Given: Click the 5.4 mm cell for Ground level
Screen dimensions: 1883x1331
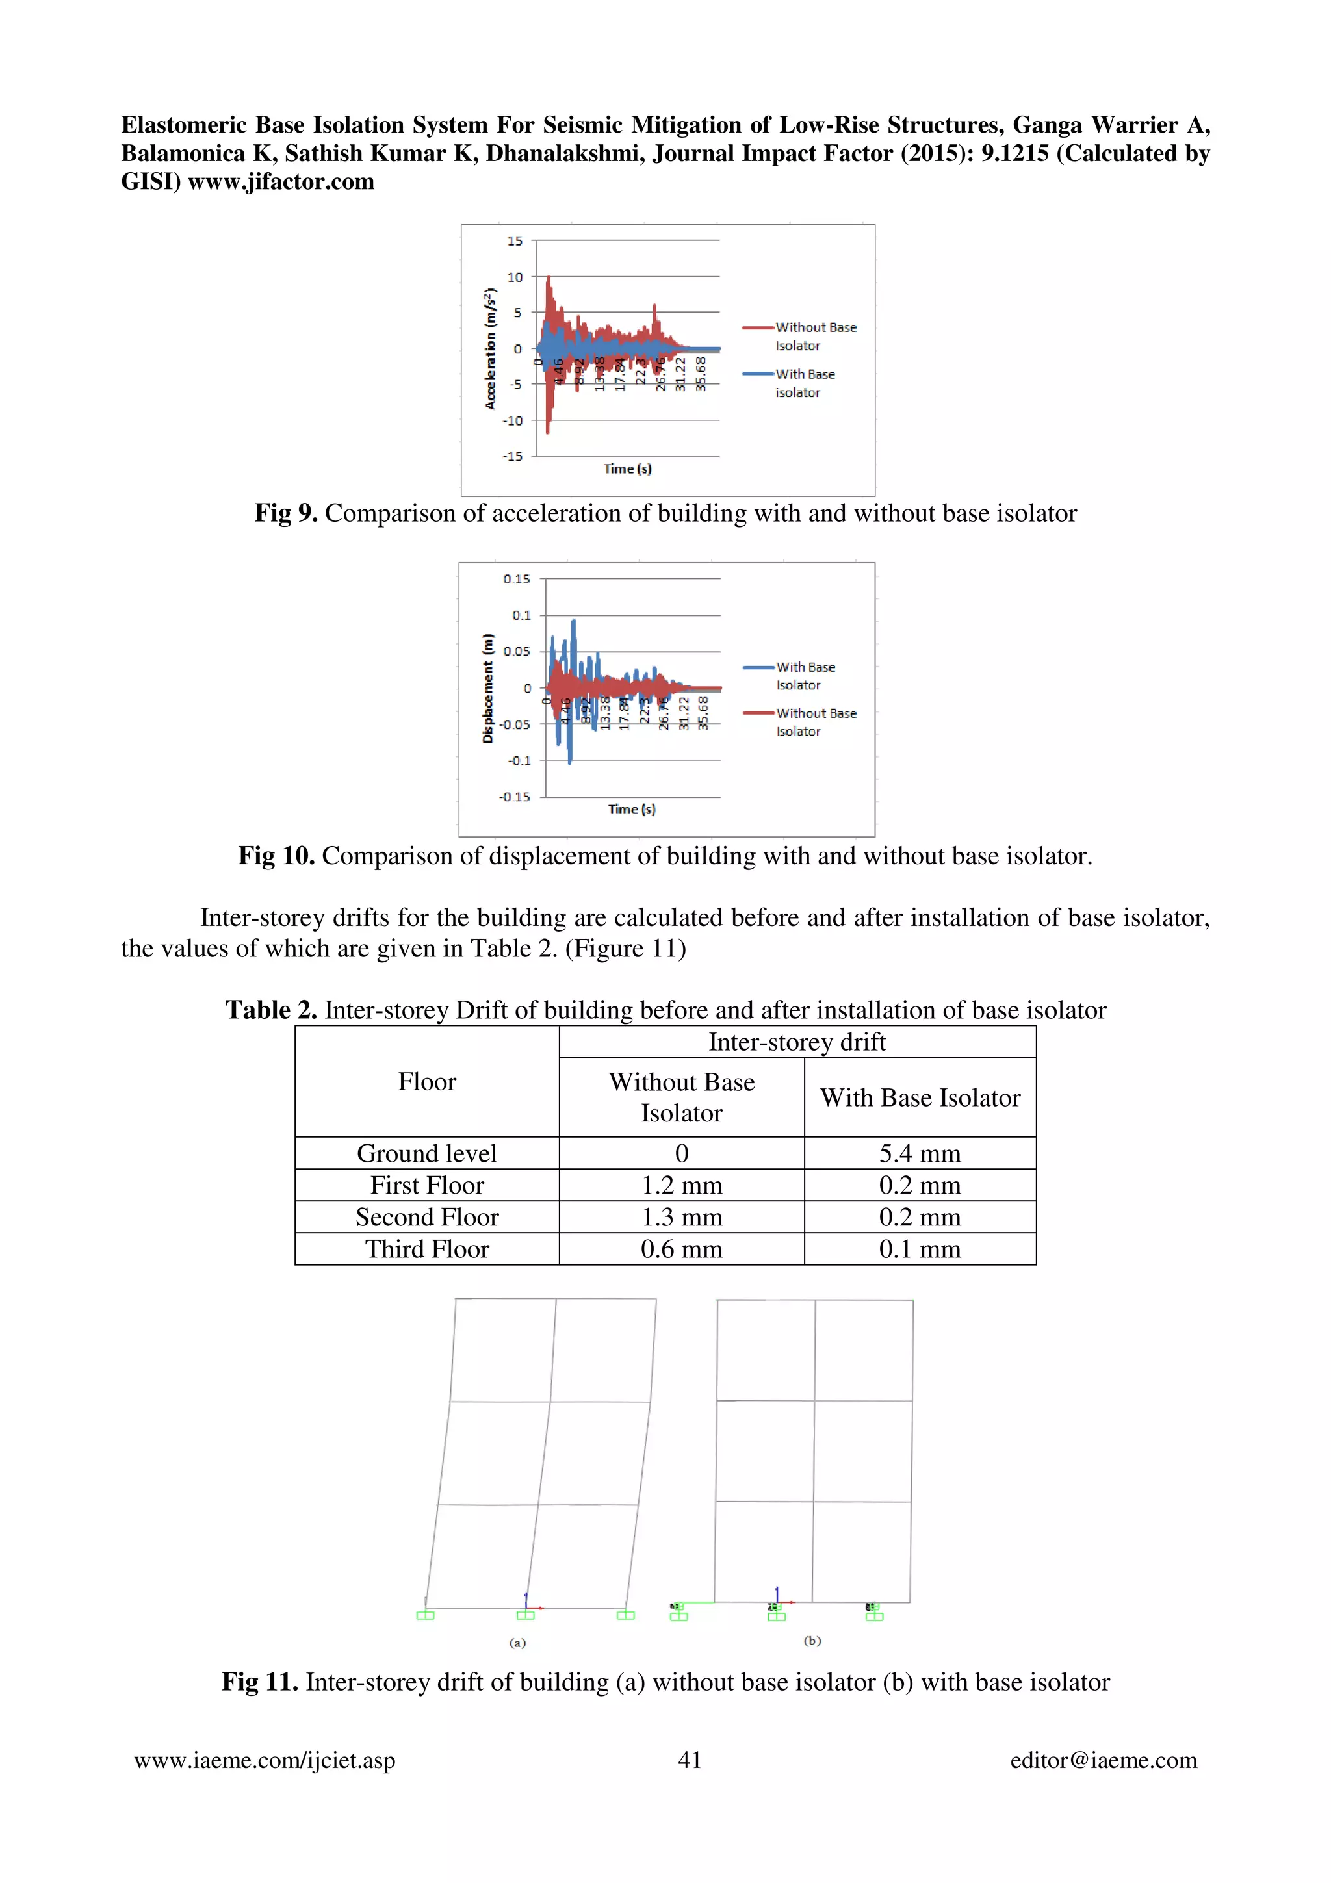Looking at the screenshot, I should click(x=920, y=1153).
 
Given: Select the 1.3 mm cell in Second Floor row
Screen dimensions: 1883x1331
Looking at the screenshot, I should click(x=682, y=1217).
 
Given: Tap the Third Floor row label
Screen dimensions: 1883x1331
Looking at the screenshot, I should click(x=426, y=1249).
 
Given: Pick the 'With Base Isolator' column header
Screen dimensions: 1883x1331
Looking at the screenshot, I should click(x=920, y=1097).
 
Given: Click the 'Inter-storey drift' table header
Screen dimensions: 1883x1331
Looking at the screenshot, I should click(x=796, y=1042).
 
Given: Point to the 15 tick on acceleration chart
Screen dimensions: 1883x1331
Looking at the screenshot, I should click(x=514, y=241).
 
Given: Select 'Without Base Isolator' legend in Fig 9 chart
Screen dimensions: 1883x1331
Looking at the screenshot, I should click(x=814, y=337).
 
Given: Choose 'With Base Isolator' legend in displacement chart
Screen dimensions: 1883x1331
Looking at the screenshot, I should click(x=805, y=676).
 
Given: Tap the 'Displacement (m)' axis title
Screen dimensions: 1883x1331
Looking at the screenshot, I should click(x=488, y=688).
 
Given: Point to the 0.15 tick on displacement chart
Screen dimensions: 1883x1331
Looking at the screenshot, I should click(x=517, y=579).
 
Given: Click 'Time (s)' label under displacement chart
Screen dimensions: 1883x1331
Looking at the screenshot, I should click(x=632, y=809).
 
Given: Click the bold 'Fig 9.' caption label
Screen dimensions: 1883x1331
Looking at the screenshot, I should click(x=285, y=513).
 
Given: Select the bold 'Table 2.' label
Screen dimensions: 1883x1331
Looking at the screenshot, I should click(x=270, y=1010).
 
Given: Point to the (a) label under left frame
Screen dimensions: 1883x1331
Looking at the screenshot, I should click(x=517, y=1643).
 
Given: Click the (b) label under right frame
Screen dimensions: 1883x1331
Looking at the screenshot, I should click(x=812, y=1640).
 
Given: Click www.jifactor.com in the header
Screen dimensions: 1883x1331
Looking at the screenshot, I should click(x=281, y=181).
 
